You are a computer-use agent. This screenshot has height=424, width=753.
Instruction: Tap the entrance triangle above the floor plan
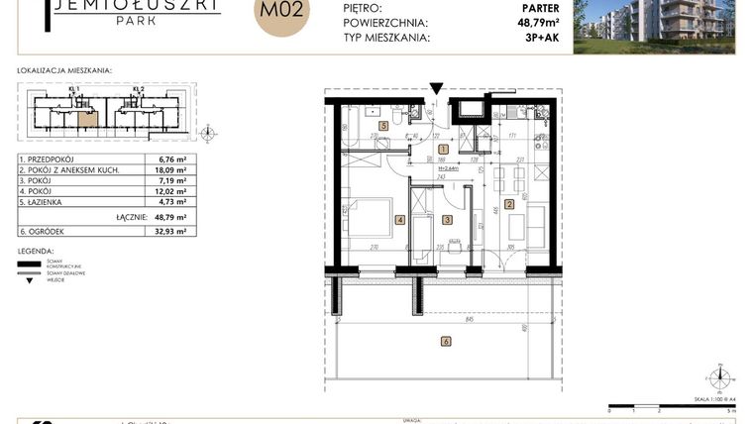(x=436, y=90)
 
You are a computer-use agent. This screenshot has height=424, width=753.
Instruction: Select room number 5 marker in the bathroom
(x=382, y=126)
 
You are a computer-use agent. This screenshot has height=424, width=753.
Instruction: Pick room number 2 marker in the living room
(x=509, y=205)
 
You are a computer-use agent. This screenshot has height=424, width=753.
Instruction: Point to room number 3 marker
(x=447, y=220)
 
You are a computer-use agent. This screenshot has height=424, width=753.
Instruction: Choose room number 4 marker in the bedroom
(x=400, y=220)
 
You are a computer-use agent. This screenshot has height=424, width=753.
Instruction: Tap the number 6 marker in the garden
(x=446, y=342)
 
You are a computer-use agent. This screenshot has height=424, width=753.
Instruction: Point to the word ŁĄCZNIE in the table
(x=131, y=217)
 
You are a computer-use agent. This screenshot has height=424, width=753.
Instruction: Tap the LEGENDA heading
(x=37, y=252)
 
